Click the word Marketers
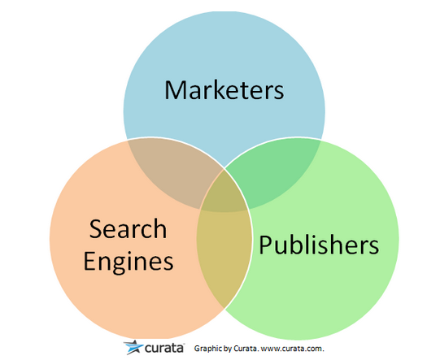224,89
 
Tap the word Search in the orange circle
128,229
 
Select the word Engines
129,262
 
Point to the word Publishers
319,245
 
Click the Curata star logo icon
133,347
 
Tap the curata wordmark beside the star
164,348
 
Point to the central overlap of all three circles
224,193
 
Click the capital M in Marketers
175,89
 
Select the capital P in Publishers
264,245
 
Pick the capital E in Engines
89,261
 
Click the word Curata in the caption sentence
246,349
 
